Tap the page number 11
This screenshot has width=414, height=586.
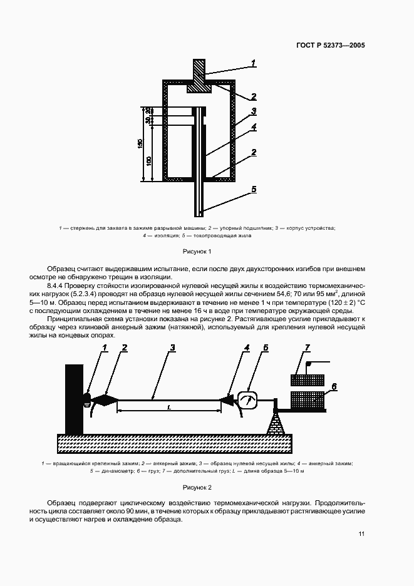tap(361, 533)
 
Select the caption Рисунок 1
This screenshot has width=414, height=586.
tap(197, 251)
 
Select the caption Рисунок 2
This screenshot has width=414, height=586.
tap(197, 486)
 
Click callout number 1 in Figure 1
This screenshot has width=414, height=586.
tap(254, 62)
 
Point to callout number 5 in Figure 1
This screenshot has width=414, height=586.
tap(254, 187)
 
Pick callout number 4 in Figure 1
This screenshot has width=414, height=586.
tap(254, 127)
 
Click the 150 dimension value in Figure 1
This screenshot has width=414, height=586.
tap(140, 144)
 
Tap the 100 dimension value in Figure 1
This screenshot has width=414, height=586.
tap(148, 161)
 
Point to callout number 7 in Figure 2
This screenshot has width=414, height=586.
tap(307, 347)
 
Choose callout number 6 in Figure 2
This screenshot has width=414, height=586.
tap(334, 387)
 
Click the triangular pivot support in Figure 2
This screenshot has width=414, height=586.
tap(276, 425)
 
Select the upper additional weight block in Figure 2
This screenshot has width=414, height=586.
tap(307, 380)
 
